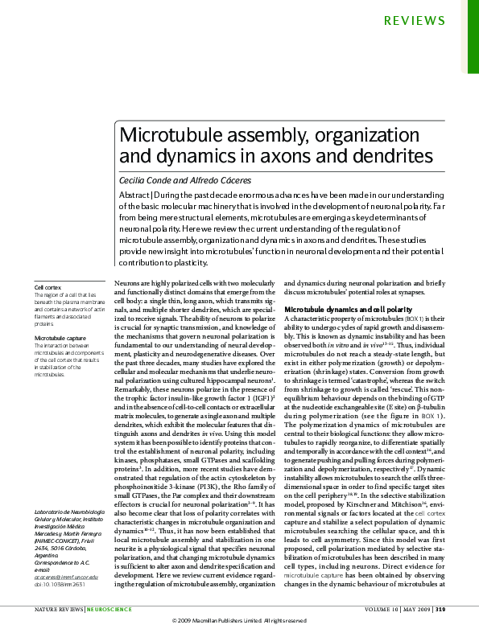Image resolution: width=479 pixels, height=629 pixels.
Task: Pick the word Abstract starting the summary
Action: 138,198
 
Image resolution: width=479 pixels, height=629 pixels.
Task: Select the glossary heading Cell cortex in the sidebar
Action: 47,287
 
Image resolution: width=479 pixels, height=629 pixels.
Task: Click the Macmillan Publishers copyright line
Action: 240,622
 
